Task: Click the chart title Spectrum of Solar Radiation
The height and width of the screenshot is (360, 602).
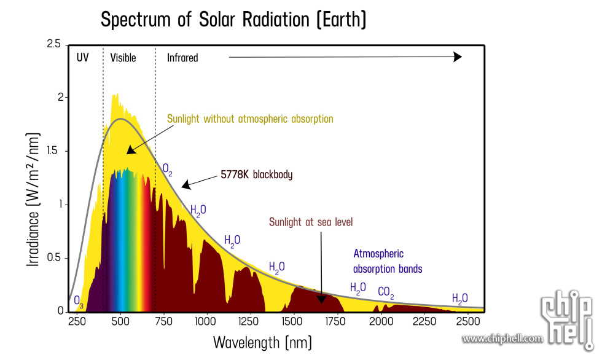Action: [x=233, y=20]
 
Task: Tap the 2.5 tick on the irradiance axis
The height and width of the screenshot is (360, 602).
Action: [x=53, y=44]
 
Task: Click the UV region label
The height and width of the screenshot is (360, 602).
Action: [x=83, y=58]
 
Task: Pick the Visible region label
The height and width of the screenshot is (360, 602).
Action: [x=123, y=58]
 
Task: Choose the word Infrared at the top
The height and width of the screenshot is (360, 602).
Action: [x=182, y=58]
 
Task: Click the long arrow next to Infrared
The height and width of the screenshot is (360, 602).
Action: [x=345, y=57]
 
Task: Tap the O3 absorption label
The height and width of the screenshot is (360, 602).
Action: [x=79, y=301]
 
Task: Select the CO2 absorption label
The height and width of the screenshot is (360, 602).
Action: [x=386, y=292]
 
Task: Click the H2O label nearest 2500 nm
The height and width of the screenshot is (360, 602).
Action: [x=459, y=299]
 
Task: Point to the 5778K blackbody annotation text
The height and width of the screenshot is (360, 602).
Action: [x=256, y=174]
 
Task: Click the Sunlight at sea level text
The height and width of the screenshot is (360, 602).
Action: [x=311, y=222]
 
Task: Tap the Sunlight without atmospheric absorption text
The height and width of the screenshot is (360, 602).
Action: [x=250, y=119]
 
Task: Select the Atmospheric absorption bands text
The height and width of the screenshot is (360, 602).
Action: [x=387, y=261]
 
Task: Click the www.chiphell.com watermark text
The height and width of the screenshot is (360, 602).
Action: [x=502, y=338]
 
